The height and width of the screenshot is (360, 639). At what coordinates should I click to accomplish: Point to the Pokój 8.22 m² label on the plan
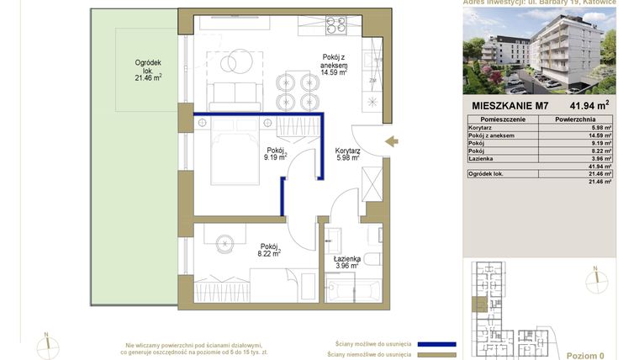click(268, 245)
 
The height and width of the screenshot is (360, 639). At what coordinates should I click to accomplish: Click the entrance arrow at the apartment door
click(392, 142)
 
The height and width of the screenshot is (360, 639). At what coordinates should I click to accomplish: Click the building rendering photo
click(539, 51)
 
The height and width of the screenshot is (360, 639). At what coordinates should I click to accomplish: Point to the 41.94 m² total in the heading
click(589, 106)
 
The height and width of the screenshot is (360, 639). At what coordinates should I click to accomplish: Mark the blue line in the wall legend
click(425, 344)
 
